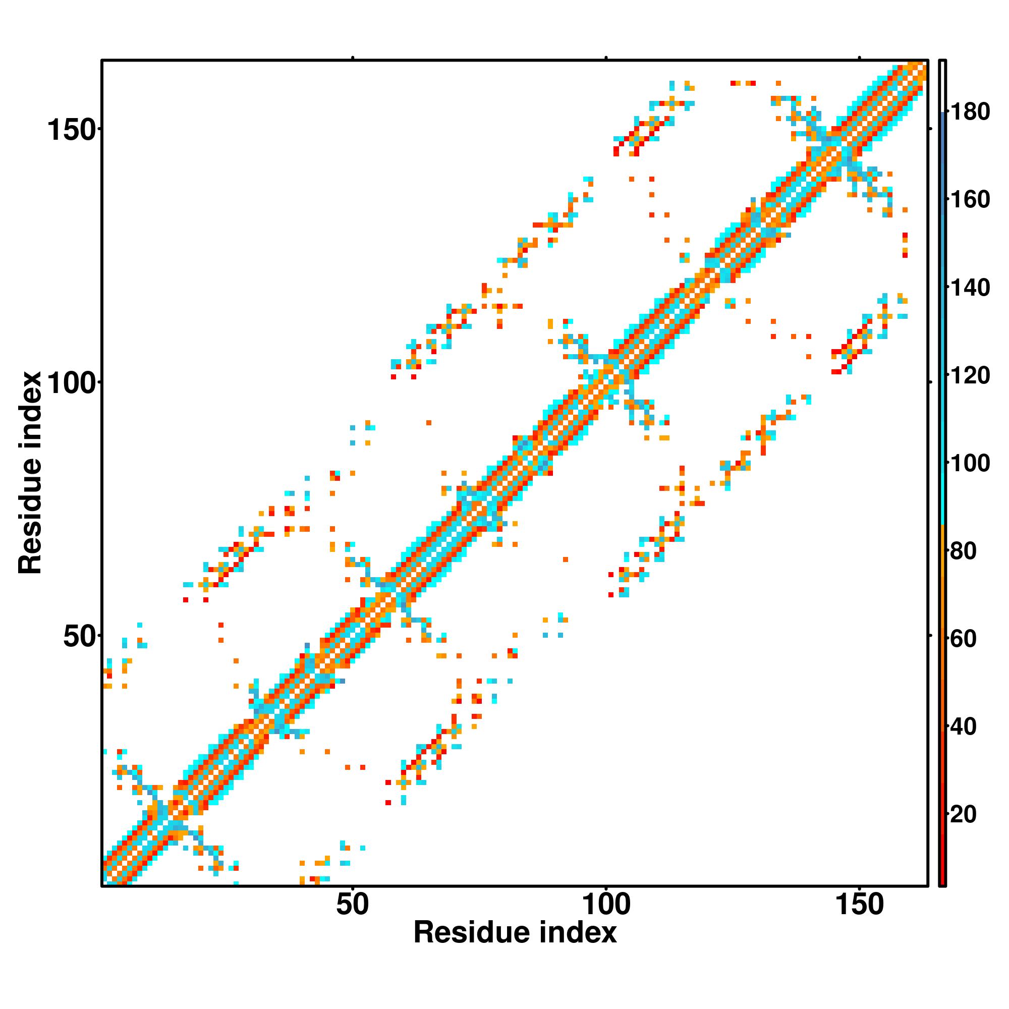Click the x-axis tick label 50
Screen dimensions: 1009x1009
coord(353,905)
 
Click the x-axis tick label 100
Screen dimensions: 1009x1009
coord(606,905)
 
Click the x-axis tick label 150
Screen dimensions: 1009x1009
coord(860,905)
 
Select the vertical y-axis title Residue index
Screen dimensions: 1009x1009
coord(30,473)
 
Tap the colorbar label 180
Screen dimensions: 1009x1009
coord(970,113)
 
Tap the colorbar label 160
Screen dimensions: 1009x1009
coord(970,200)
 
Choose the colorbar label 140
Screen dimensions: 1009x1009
coord(970,288)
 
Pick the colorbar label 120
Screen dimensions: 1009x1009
coord(970,375)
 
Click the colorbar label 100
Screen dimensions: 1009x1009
coord(970,463)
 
